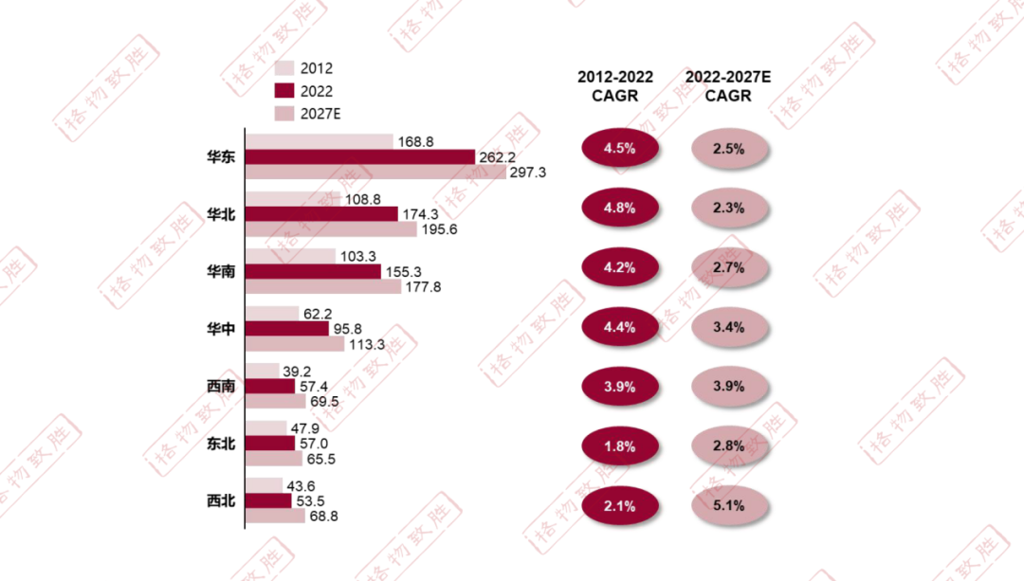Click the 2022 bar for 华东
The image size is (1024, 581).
(x=359, y=156)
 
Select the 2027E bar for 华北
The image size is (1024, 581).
(x=330, y=229)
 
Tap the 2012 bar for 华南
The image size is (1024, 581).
(x=290, y=256)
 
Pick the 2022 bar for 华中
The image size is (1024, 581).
(x=286, y=328)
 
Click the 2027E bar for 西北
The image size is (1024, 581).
(x=275, y=517)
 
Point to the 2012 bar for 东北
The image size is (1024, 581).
(x=265, y=427)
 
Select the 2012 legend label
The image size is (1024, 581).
(x=317, y=68)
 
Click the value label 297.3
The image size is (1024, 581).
(x=528, y=172)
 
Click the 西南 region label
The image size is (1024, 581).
(x=221, y=387)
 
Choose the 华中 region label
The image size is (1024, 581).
(x=221, y=329)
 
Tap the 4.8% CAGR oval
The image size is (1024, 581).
(x=617, y=208)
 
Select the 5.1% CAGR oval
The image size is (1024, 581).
(x=729, y=505)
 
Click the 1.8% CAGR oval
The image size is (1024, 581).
(x=617, y=446)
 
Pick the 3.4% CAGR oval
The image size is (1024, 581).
(x=729, y=327)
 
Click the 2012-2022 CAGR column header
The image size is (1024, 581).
(x=615, y=86)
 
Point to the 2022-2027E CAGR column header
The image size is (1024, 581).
(x=728, y=86)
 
